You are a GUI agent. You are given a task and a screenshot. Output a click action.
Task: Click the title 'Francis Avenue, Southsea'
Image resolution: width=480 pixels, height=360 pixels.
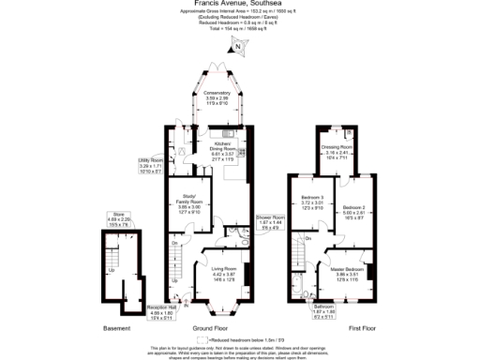[239, 4]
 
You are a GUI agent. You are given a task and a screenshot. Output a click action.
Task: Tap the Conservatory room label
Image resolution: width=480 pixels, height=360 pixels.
[218, 98]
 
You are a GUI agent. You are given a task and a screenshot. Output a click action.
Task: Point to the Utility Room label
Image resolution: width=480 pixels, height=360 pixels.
[151, 166]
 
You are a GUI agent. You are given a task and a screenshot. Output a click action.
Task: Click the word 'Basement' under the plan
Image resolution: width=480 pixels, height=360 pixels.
[116, 329]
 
